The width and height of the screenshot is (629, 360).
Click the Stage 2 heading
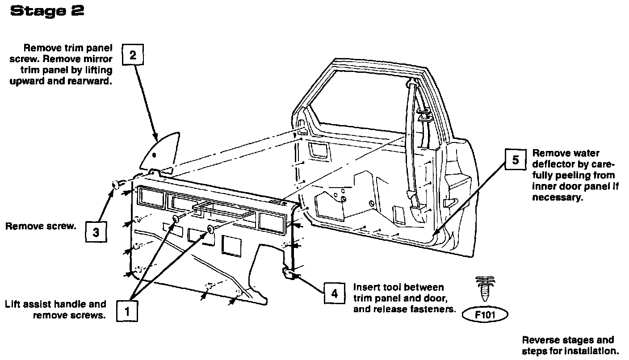47,11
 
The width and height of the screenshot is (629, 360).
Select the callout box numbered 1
127,311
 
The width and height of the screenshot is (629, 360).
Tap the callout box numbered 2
133,55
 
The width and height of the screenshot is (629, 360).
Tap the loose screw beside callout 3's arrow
117,184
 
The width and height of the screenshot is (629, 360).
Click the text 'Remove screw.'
41,226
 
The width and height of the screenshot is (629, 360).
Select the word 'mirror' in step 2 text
97,59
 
